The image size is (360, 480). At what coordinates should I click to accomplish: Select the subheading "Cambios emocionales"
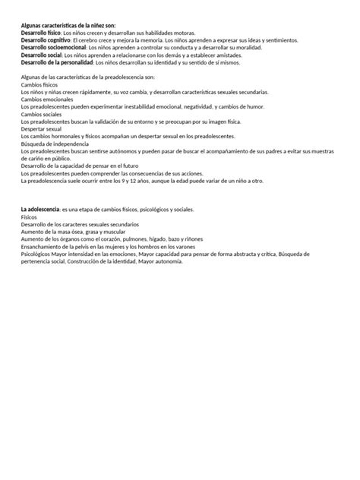point(47,99)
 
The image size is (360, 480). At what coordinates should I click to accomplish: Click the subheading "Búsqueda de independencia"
point(55,144)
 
